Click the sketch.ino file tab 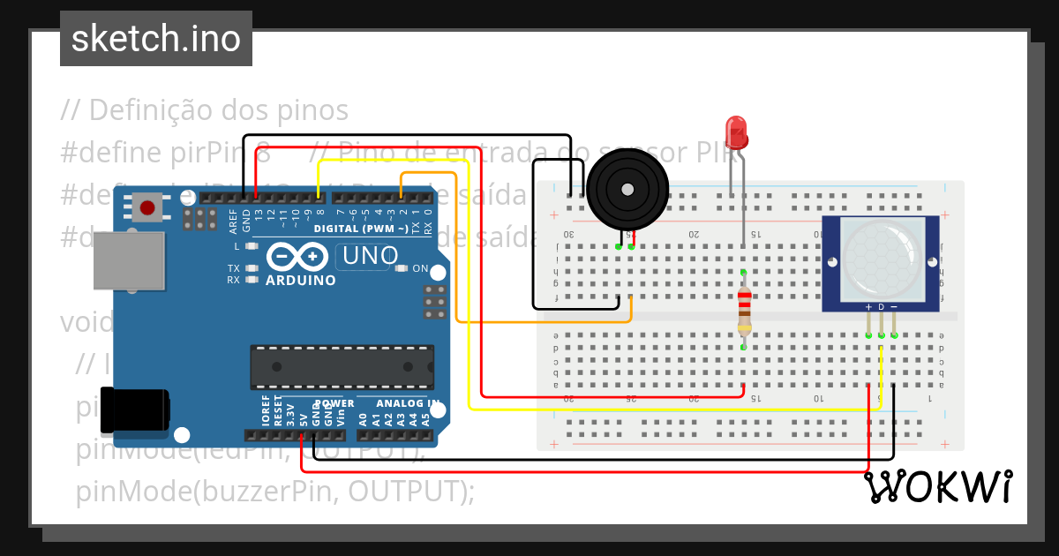(x=156, y=39)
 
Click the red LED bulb (x=736, y=132)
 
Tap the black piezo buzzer (x=627, y=189)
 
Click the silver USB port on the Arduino (x=129, y=260)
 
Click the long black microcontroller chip (x=342, y=367)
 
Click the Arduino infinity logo (x=301, y=257)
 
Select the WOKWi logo (x=937, y=487)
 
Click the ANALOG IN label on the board (x=409, y=403)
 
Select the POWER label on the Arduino (x=334, y=403)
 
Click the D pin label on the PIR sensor (x=881, y=307)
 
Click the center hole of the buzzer (x=627, y=189)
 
